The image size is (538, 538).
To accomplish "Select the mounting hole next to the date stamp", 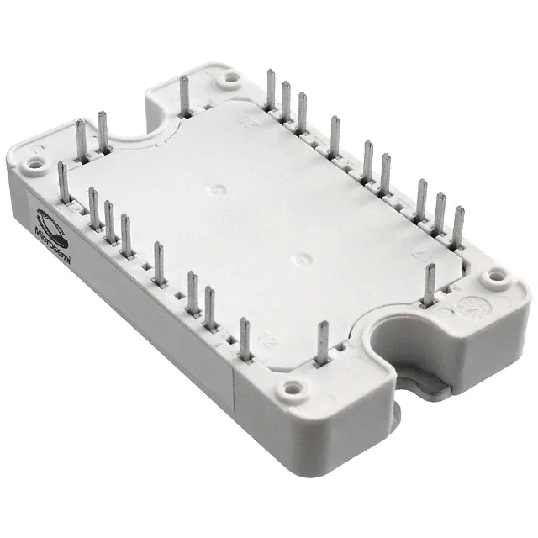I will click(496, 274).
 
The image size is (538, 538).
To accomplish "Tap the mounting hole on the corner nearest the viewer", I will click(292, 388).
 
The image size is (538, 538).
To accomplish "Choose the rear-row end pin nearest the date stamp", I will click(458, 227).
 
